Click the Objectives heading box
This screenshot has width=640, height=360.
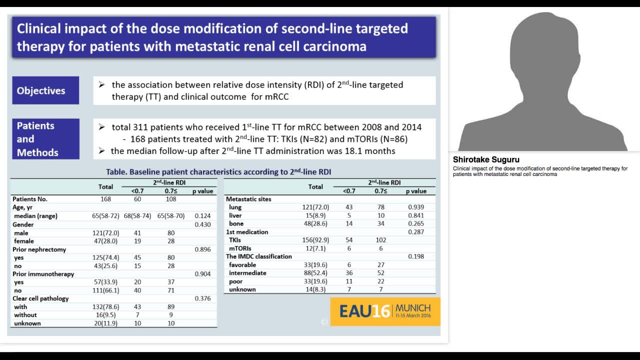pyautogui.click(x=45, y=90)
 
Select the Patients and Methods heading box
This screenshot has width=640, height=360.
pyautogui.click(x=45, y=139)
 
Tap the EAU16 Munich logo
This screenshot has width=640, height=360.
pyautogui.click(x=385, y=311)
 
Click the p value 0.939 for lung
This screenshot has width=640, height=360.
pyautogui.click(x=416, y=207)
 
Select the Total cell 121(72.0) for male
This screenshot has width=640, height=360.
pyautogui.click(x=105, y=233)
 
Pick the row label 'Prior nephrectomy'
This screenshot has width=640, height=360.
pyautogui.click(x=39, y=249)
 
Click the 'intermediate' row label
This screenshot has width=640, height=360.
pyautogui.click(x=247, y=273)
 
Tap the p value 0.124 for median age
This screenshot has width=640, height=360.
pyautogui.click(x=202, y=216)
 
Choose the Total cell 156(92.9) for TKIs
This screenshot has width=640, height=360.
pyautogui.click(x=315, y=240)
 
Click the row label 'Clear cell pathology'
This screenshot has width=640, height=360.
pyautogui.click(x=41, y=298)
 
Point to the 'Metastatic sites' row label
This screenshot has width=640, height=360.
pyautogui.click(x=248, y=199)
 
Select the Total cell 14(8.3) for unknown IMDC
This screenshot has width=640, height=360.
pyautogui.click(x=315, y=289)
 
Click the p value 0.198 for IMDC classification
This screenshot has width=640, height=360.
pyautogui.click(x=416, y=256)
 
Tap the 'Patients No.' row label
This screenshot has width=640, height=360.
pyautogui.click(x=30, y=199)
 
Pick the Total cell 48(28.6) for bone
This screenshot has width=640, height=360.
pyautogui.click(x=315, y=223)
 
